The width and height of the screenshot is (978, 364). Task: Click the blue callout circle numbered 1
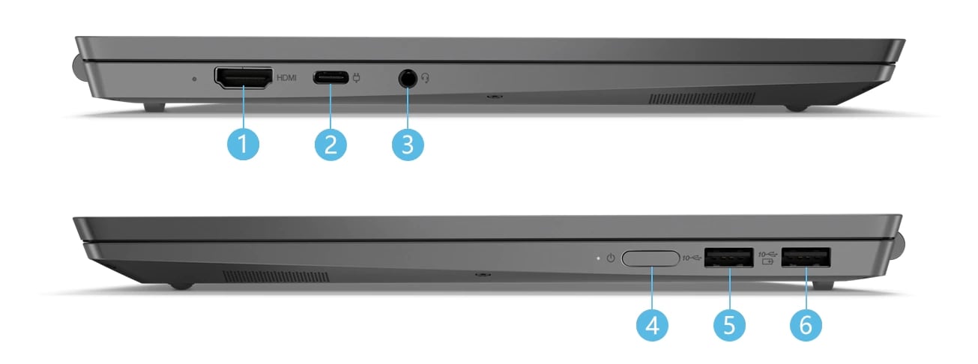pos(243,144)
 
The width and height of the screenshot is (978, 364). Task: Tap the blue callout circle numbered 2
pos(330,144)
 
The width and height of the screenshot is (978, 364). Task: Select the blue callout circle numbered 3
pos(408,144)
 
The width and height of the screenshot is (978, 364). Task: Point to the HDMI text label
pos(287,77)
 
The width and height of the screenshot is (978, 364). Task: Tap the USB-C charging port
pos(330,77)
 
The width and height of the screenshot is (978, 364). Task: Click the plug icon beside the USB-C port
pos(356,77)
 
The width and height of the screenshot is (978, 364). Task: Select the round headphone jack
pos(408,77)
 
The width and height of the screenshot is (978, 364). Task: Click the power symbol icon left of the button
pos(611,258)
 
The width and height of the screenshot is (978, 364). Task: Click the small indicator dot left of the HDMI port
pos(195,78)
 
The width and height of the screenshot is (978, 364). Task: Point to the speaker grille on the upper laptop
pos(701,99)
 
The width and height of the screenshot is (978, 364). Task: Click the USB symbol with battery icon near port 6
pos(767,258)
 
